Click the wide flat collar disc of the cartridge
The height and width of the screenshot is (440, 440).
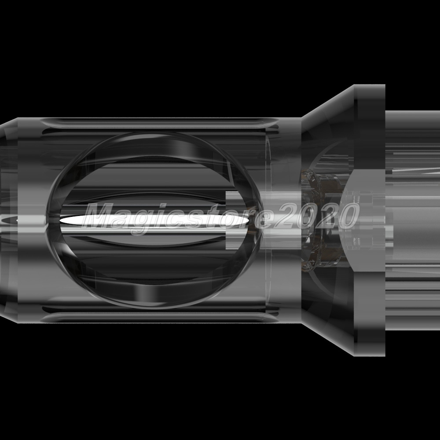pyautogui.click(x=369, y=220)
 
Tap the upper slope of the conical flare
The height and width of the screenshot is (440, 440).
pyautogui.click(x=328, y=102)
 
